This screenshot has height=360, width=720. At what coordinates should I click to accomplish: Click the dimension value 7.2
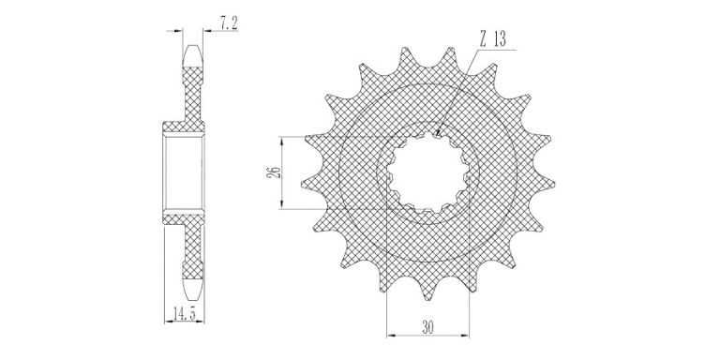229,23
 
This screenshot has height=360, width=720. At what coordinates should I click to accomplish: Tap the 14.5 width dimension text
184,314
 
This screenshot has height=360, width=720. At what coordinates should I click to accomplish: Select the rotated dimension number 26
273,172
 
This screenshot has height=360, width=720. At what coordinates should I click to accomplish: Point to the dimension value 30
427,327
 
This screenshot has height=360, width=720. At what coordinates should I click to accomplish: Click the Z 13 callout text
492,40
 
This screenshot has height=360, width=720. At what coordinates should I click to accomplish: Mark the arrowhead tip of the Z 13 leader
436,135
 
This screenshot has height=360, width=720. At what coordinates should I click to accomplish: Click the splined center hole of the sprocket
427,172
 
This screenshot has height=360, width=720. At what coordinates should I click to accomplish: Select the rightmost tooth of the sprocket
546,184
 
